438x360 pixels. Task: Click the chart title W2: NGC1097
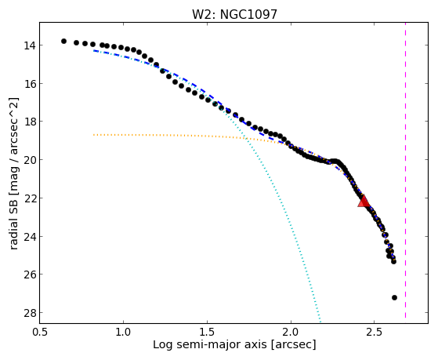(x=234, y=15)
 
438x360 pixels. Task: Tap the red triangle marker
(x=364, y=202)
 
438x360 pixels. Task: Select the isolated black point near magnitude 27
(x=394, y=297)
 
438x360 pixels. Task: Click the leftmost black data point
(x=63, y=41)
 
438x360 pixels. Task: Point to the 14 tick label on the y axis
(x=29, y=45)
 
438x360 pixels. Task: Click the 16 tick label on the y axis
(x=29, y=84)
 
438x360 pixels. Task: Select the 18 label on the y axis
(x=29, y=122)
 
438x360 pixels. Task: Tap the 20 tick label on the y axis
(x=29, y=160)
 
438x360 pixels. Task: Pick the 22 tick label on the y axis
(x=29, y=198)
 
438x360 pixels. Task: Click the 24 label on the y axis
(x=29, y=236)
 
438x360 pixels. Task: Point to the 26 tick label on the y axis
(x=29, y=275)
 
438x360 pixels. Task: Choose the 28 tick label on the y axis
(x=29, y=313)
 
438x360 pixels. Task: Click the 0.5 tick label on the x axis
(x=40, y=332)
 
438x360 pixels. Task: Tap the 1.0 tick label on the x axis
(x=123, y=332)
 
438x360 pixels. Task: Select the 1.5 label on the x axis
(x=207, y=332)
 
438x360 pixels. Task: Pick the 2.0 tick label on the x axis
(x=291, y=332)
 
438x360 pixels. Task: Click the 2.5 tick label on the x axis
(x=375, y=332)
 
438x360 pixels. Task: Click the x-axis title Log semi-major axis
(x=210, y=344)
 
